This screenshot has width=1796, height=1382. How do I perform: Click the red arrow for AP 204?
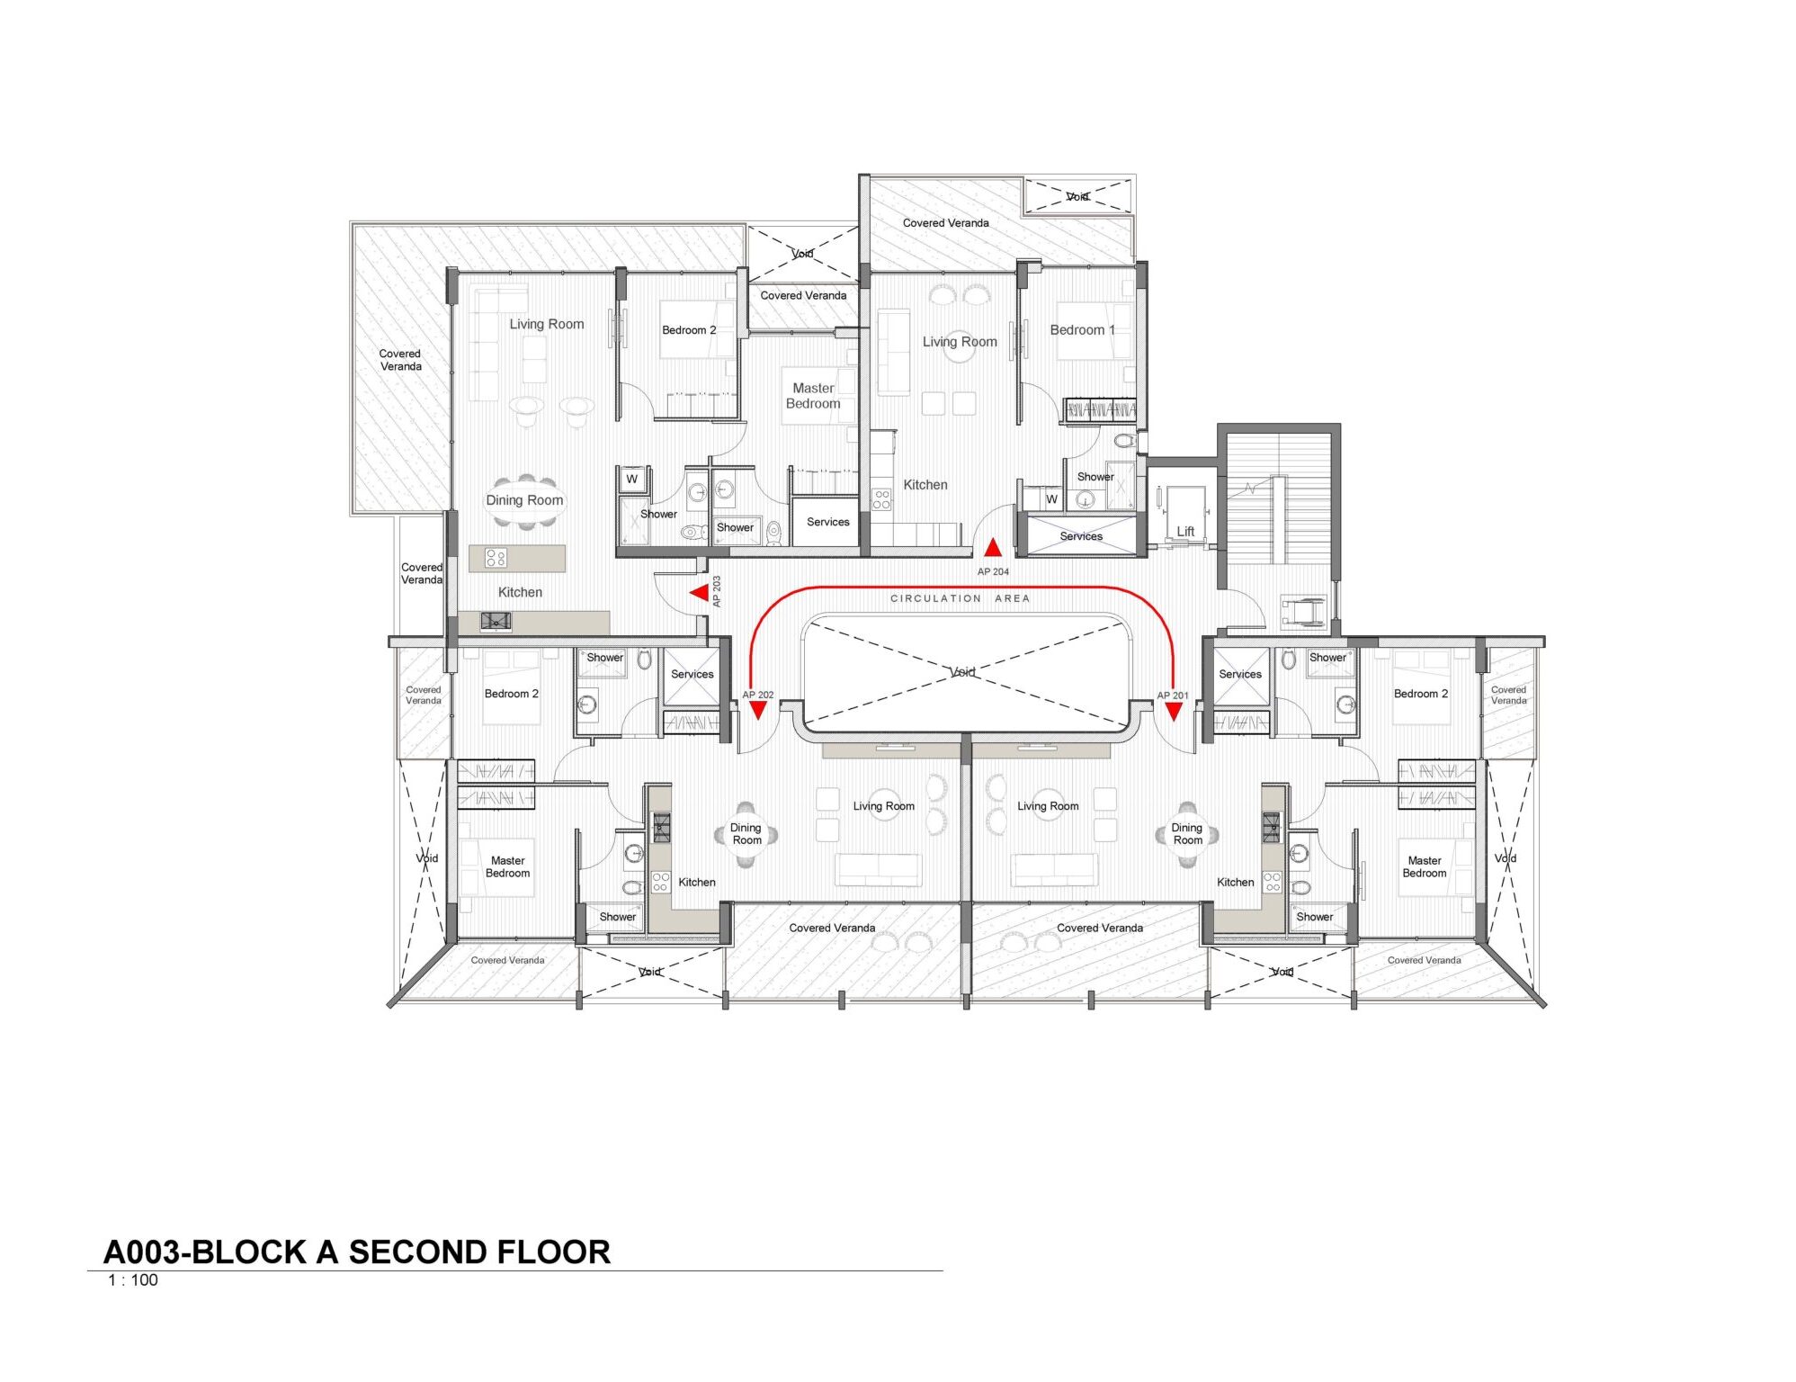pos(992,547)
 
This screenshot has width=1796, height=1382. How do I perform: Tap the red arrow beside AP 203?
pos(699,593)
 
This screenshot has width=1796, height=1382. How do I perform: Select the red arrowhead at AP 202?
pos(758,711)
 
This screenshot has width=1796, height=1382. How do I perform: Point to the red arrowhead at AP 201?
pos(1174,712)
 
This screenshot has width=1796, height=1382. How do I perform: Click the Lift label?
pos(1185,532)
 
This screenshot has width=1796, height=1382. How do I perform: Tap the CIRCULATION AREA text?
pos(960,598)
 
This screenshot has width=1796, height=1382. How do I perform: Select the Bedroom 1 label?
pos(1082,330)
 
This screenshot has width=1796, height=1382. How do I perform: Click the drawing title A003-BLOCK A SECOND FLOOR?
pos(357,1252)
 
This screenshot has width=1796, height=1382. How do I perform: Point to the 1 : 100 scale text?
pos(133,1280)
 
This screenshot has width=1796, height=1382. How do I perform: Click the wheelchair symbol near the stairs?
pos(1301,611)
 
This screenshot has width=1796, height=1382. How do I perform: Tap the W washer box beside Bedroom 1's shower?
pos(1051,498)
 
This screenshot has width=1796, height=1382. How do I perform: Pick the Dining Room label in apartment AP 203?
pos(524,500)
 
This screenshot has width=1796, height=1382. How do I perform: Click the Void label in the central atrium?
pos(962,672)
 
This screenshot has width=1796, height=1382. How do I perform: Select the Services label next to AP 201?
pos(1240,674)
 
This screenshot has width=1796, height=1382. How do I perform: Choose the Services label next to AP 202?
pos(692,674)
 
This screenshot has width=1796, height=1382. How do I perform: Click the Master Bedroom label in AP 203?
pos(813,396)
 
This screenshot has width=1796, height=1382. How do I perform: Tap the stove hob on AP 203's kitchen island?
pos(496,558)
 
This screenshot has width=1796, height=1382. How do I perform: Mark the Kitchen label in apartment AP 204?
pos(925,485)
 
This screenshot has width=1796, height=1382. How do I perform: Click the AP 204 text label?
pos(993,571)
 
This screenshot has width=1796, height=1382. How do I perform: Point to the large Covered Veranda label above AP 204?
pos(945,223)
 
